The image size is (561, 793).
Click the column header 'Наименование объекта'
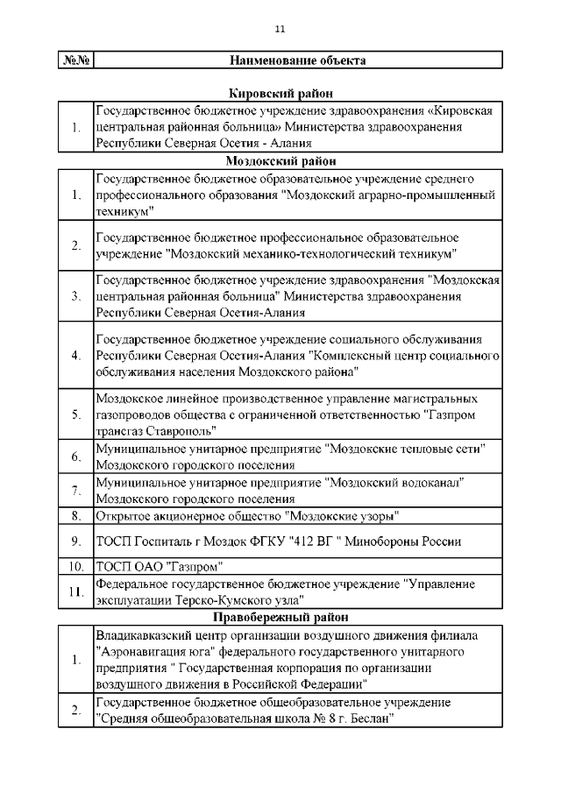pyautogui.click(x=297, y=60)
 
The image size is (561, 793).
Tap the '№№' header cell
pyautogui.click(x=76, y=60)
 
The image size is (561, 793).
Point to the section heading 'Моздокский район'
pyautogui.click(x=280, y=161)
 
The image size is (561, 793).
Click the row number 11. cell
pyautogui.click(x=76, y=591)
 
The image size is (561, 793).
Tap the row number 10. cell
pyautogui.click(x=76, y=565)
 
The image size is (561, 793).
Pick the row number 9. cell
pyautogui.click(x=76, y=541)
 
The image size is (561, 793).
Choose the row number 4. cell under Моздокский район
pyautogui.click(x=76, y=356)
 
